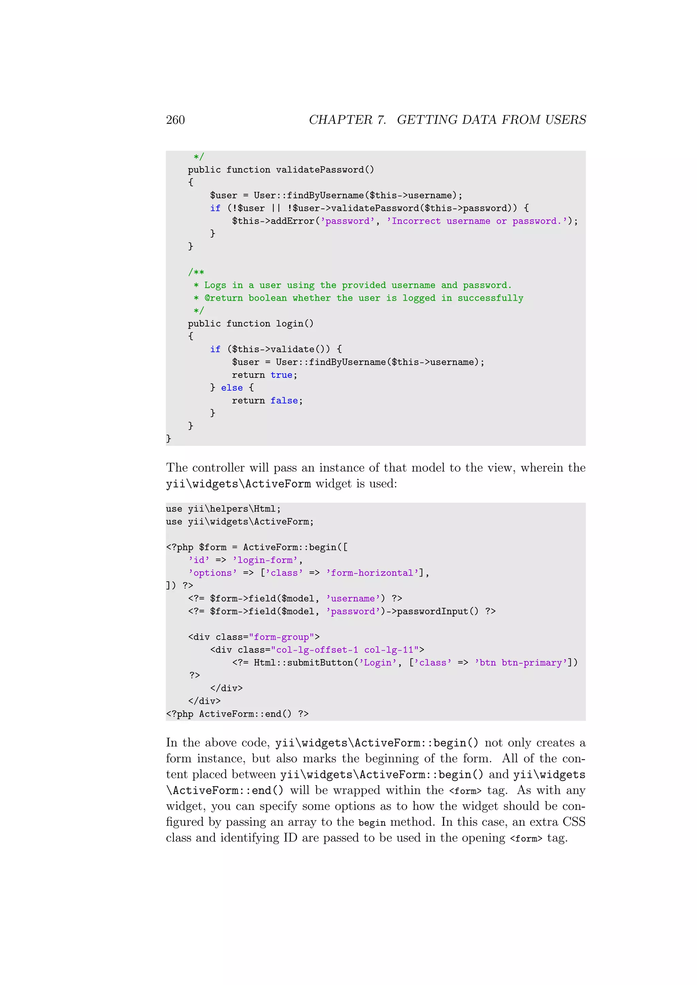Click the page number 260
[x=175, y=120]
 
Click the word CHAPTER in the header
[x=340, y=120]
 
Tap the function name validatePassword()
[x=325, y=170]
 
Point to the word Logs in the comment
[x=215, y=285]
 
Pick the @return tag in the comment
[x=224, y=298]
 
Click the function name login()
[x=294, y=323]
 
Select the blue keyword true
[x=281, y=375]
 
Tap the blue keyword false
[x=284, y=401]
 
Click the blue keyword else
[x=232, y=388]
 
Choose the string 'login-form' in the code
[x=265, y=560]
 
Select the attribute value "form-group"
[x=281, y=637]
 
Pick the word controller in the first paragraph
[x=230, y=468]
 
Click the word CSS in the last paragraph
[x=574, y=822]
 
